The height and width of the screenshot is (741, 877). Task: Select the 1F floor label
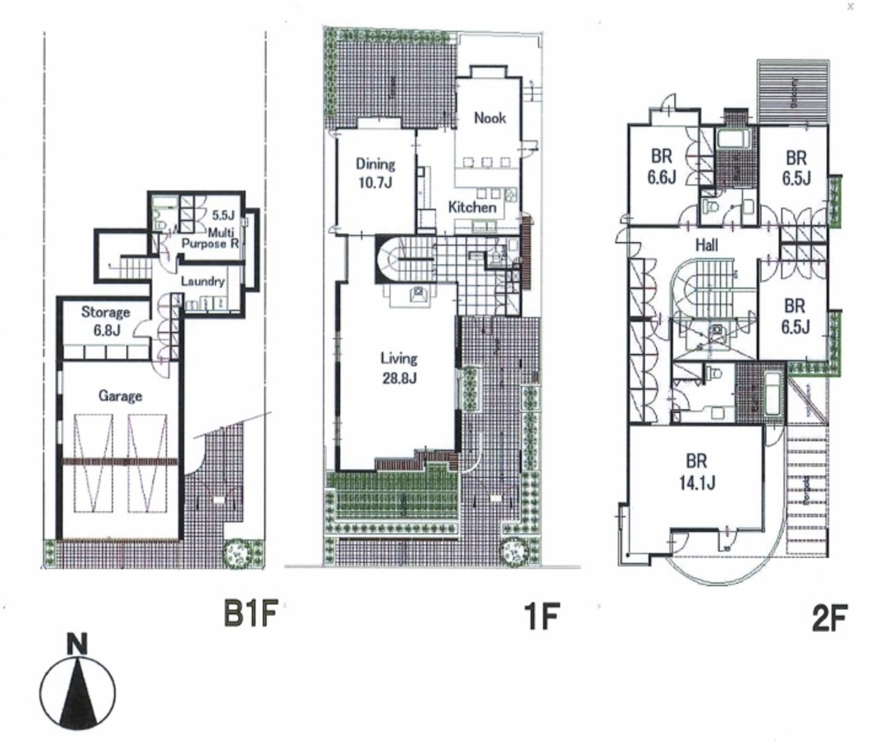click(542, 618)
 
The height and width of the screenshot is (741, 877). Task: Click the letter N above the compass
click(77, 644)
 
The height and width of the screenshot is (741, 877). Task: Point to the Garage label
click(120, 396)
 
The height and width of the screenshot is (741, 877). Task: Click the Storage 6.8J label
click(105, 319)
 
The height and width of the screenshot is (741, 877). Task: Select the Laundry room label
click(202, 281)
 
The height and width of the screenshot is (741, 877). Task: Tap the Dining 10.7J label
click(375, 173)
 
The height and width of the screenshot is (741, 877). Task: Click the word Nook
click(489, 118)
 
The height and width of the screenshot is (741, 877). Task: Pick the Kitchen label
click(472, 207)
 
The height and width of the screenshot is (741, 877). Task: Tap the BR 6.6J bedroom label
click(661, 167)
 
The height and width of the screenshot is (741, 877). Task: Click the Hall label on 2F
click(706, 246)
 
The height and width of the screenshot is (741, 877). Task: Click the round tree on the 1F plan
click(516, 552)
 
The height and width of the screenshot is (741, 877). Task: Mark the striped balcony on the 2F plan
click(794, 94)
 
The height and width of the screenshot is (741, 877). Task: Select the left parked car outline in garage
click(92, 464)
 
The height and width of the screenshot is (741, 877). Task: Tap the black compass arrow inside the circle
click(77, 688)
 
